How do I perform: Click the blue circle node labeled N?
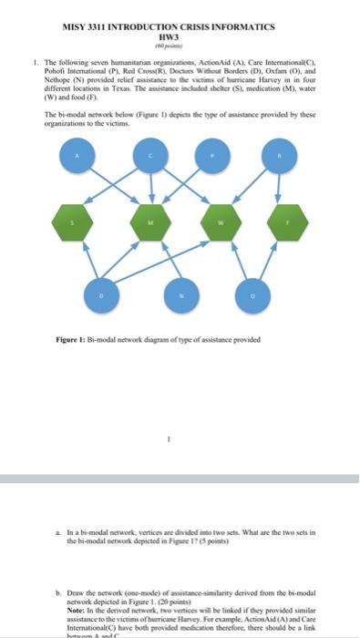tap(180, 296)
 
